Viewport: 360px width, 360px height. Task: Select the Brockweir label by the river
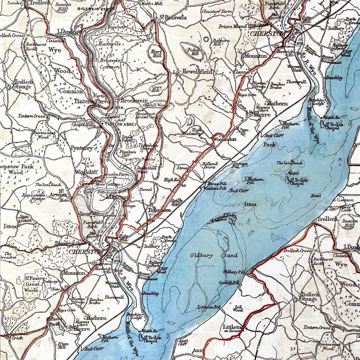tap(132, 100)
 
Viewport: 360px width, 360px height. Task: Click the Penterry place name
tap(82, 148)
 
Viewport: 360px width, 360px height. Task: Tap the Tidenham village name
tap(159, 210)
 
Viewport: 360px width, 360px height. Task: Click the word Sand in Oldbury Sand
tap(231, 256)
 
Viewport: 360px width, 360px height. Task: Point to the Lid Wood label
tap(238, 309)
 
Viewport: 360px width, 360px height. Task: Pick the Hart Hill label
tap(156, 54)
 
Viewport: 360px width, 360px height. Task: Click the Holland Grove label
tap(210, 165)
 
